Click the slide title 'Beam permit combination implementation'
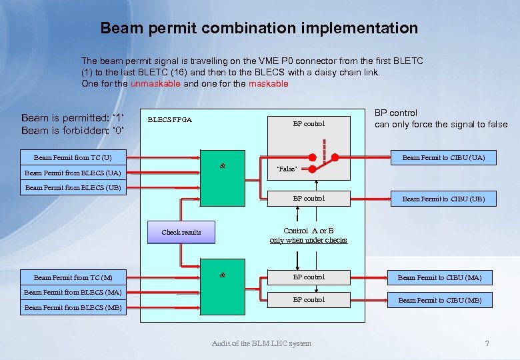pyautogui.click(x=259, y=28)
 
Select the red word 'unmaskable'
pyautogui.click(x=156, y=83)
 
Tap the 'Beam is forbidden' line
pyautogui.click(x=73, y=130)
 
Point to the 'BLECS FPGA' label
pyautogui.click(x=169, y=120)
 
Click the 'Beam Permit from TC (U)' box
pyautogui.click(x=73, y=158)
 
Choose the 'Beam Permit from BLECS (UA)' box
pyautogui.click(x=73, y=173)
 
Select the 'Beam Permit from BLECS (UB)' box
pyautogui.click(x=73, y=187)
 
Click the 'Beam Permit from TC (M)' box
pyautogui.click(x=73, y=277)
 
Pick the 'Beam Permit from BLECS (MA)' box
pyautogui.click(x=73, y=292)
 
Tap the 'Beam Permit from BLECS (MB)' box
pyautogui.click(x=73, y=307)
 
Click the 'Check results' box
pyautogui.click(x=181, y=232)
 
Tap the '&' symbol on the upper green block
pyautogui.click(x=223, y=166)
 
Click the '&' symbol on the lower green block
pyautogui.click(x=223, y=275)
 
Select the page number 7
pyautogui.click(x=487, y=343)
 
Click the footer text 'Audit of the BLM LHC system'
pyautogui.click(x=261, y=343)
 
